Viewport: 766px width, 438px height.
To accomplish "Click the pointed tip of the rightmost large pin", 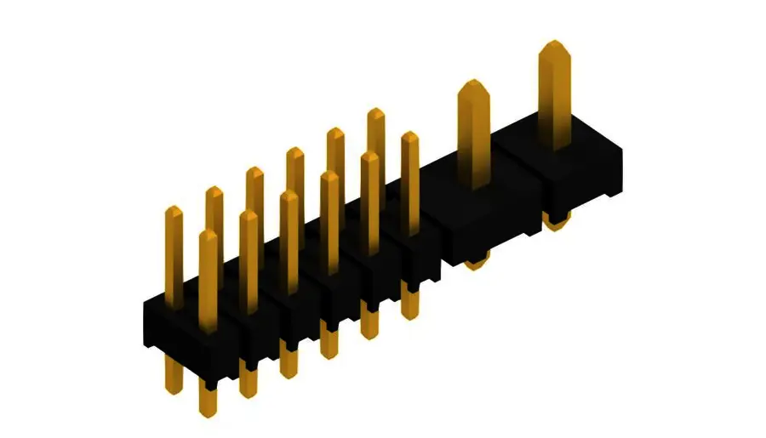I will pos(554,44).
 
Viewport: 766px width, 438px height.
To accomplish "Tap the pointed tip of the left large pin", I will pos(473,84).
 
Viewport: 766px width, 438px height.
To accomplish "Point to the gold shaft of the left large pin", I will pos(474,136).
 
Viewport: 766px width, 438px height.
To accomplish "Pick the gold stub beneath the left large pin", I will pos(476,262).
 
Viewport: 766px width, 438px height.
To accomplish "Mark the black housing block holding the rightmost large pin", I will pos(579,174).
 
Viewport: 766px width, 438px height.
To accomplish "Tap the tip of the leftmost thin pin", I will pos(174,210).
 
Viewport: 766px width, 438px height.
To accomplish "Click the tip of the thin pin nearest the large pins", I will pos(410,136).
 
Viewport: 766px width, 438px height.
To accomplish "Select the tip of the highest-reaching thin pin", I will pos(376,112).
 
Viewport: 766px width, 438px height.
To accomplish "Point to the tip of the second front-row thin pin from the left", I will pos(249,214).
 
